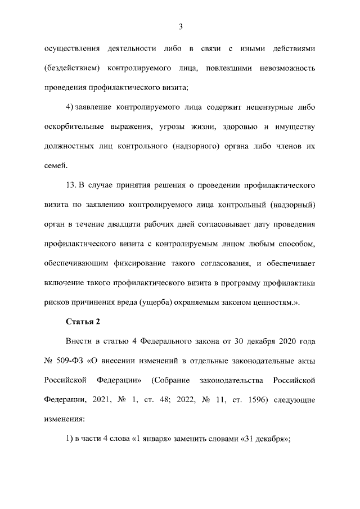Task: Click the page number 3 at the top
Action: [x=180, y=26]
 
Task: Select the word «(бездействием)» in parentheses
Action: [x=73, y=68]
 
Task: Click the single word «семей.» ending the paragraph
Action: [x=56, y=165]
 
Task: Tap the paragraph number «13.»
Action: [x=71, y=184]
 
